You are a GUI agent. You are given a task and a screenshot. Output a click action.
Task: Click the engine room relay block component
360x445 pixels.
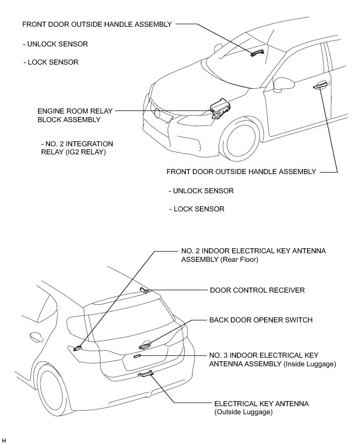coord(220,108)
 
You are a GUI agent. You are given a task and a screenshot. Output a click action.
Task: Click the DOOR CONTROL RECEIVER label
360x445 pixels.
coord(257,291)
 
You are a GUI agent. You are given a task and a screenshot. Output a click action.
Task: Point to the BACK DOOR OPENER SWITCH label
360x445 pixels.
coord(261,320)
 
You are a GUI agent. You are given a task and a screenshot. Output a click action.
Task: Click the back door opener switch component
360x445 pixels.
coord(145,345)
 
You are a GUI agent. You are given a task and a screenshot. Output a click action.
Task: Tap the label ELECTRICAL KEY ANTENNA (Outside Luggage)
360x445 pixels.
coord(261,408)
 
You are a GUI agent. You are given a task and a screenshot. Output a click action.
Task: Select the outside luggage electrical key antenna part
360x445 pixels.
coord(145,374)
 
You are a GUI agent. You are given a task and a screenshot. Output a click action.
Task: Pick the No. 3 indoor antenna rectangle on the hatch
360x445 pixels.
coord(137,356)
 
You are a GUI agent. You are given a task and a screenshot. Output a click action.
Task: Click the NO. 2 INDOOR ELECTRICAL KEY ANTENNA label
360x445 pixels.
coord(253,255)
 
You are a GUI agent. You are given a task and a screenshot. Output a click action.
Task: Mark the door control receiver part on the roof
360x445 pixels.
coord(143,290)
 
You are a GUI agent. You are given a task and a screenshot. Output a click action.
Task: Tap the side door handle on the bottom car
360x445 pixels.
coord(35,336)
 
